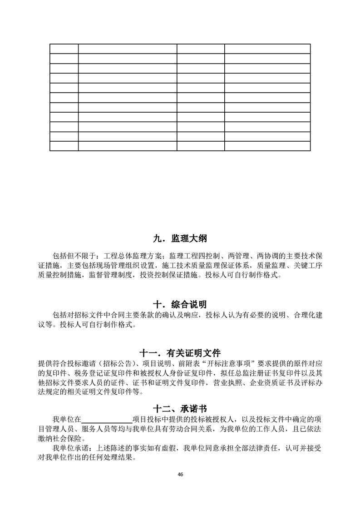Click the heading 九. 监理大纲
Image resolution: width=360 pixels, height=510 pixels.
[x=180, y=239]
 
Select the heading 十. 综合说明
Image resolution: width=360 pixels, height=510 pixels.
[x=180, y=304]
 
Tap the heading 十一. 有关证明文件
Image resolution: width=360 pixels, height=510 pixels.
[x=180, y=353]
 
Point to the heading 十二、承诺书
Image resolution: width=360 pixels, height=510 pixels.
[x=180, y=409]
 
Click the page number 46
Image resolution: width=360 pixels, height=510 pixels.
[x=180, y=474]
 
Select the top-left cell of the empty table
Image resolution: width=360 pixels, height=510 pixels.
[x=64, y=49]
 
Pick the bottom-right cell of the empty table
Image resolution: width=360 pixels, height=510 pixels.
[x=267, y=146]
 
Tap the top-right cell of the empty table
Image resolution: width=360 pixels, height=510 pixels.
[x=267, y=49]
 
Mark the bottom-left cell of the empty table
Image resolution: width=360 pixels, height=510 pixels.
[x=64, y=146]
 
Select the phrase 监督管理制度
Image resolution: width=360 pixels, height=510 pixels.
[x=110, y=275]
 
